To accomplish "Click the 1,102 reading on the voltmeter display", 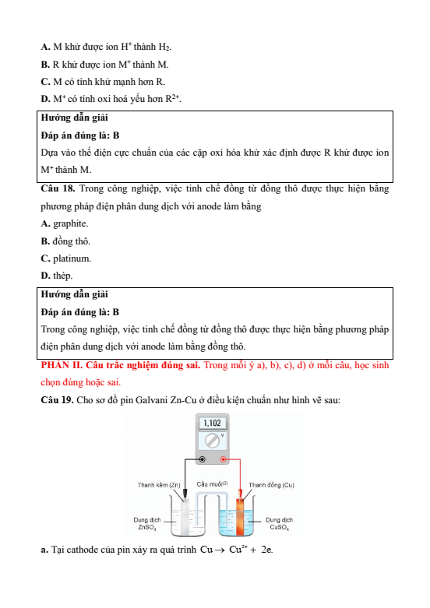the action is [x=213, y=423].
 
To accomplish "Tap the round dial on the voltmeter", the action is [x=212, y=441].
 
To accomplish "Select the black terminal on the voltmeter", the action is [x=203, y=459].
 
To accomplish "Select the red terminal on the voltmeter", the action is [x=223, y=459].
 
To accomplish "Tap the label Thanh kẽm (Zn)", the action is [x=159, y=485].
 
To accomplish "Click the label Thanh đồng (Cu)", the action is [x=271, y=485].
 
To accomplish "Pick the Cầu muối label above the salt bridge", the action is [x=212, y=484].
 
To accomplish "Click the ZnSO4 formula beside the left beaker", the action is [x=147, y=528].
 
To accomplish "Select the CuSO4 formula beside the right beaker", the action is [x=280, y=528].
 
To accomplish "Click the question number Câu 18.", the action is [x=58, y=189].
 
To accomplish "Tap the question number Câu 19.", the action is [x=58, y=400].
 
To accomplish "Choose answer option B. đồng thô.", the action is [x=65, y=241].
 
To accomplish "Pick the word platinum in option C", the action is [x=72, y=258].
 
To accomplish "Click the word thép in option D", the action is [x=62, y=276].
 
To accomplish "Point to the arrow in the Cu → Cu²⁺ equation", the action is [x=220, y=550].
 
